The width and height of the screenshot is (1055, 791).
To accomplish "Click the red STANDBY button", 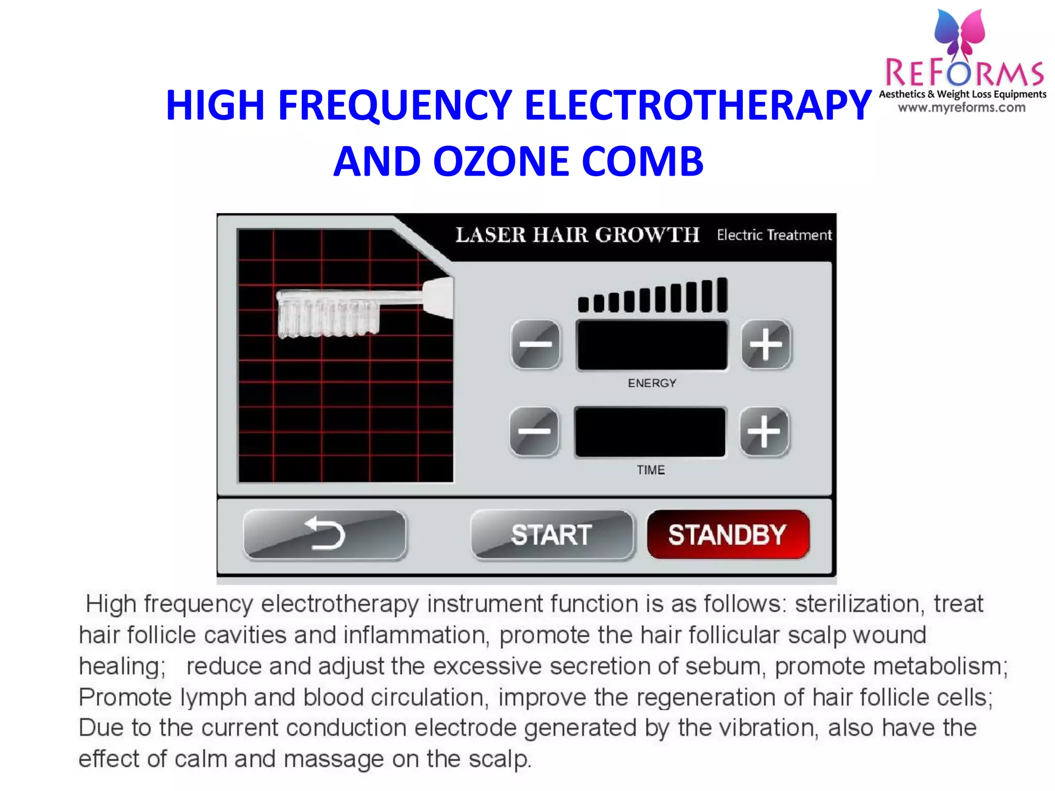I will [x=727, y=535].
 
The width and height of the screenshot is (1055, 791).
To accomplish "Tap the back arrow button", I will [x=325, y=535].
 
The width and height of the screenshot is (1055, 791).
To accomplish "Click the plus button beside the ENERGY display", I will [x=765, y=344].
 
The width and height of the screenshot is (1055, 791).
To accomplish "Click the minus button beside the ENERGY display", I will [x=536, y=344].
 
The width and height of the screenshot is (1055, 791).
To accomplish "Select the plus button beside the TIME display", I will [x=764, y=432].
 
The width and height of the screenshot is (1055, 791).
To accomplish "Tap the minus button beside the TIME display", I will [x=534, y=432].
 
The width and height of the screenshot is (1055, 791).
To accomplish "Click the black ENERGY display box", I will [x=652, y=345].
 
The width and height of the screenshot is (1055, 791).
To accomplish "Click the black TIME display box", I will [x=650, y=432].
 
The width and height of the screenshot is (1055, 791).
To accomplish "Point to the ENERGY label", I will [x=652, y=383].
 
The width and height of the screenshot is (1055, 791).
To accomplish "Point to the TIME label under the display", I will [x=651, y=470].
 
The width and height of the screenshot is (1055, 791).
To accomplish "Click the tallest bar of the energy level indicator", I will [x=722, y=295].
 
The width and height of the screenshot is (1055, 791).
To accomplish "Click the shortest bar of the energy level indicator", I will [x=583, y=304].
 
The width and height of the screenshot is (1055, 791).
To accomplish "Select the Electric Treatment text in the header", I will [x=774, y=235].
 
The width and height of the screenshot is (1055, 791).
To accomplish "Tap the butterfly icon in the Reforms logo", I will [x=960, y=33].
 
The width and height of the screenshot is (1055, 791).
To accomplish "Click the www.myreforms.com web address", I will [x=962, y=108].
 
